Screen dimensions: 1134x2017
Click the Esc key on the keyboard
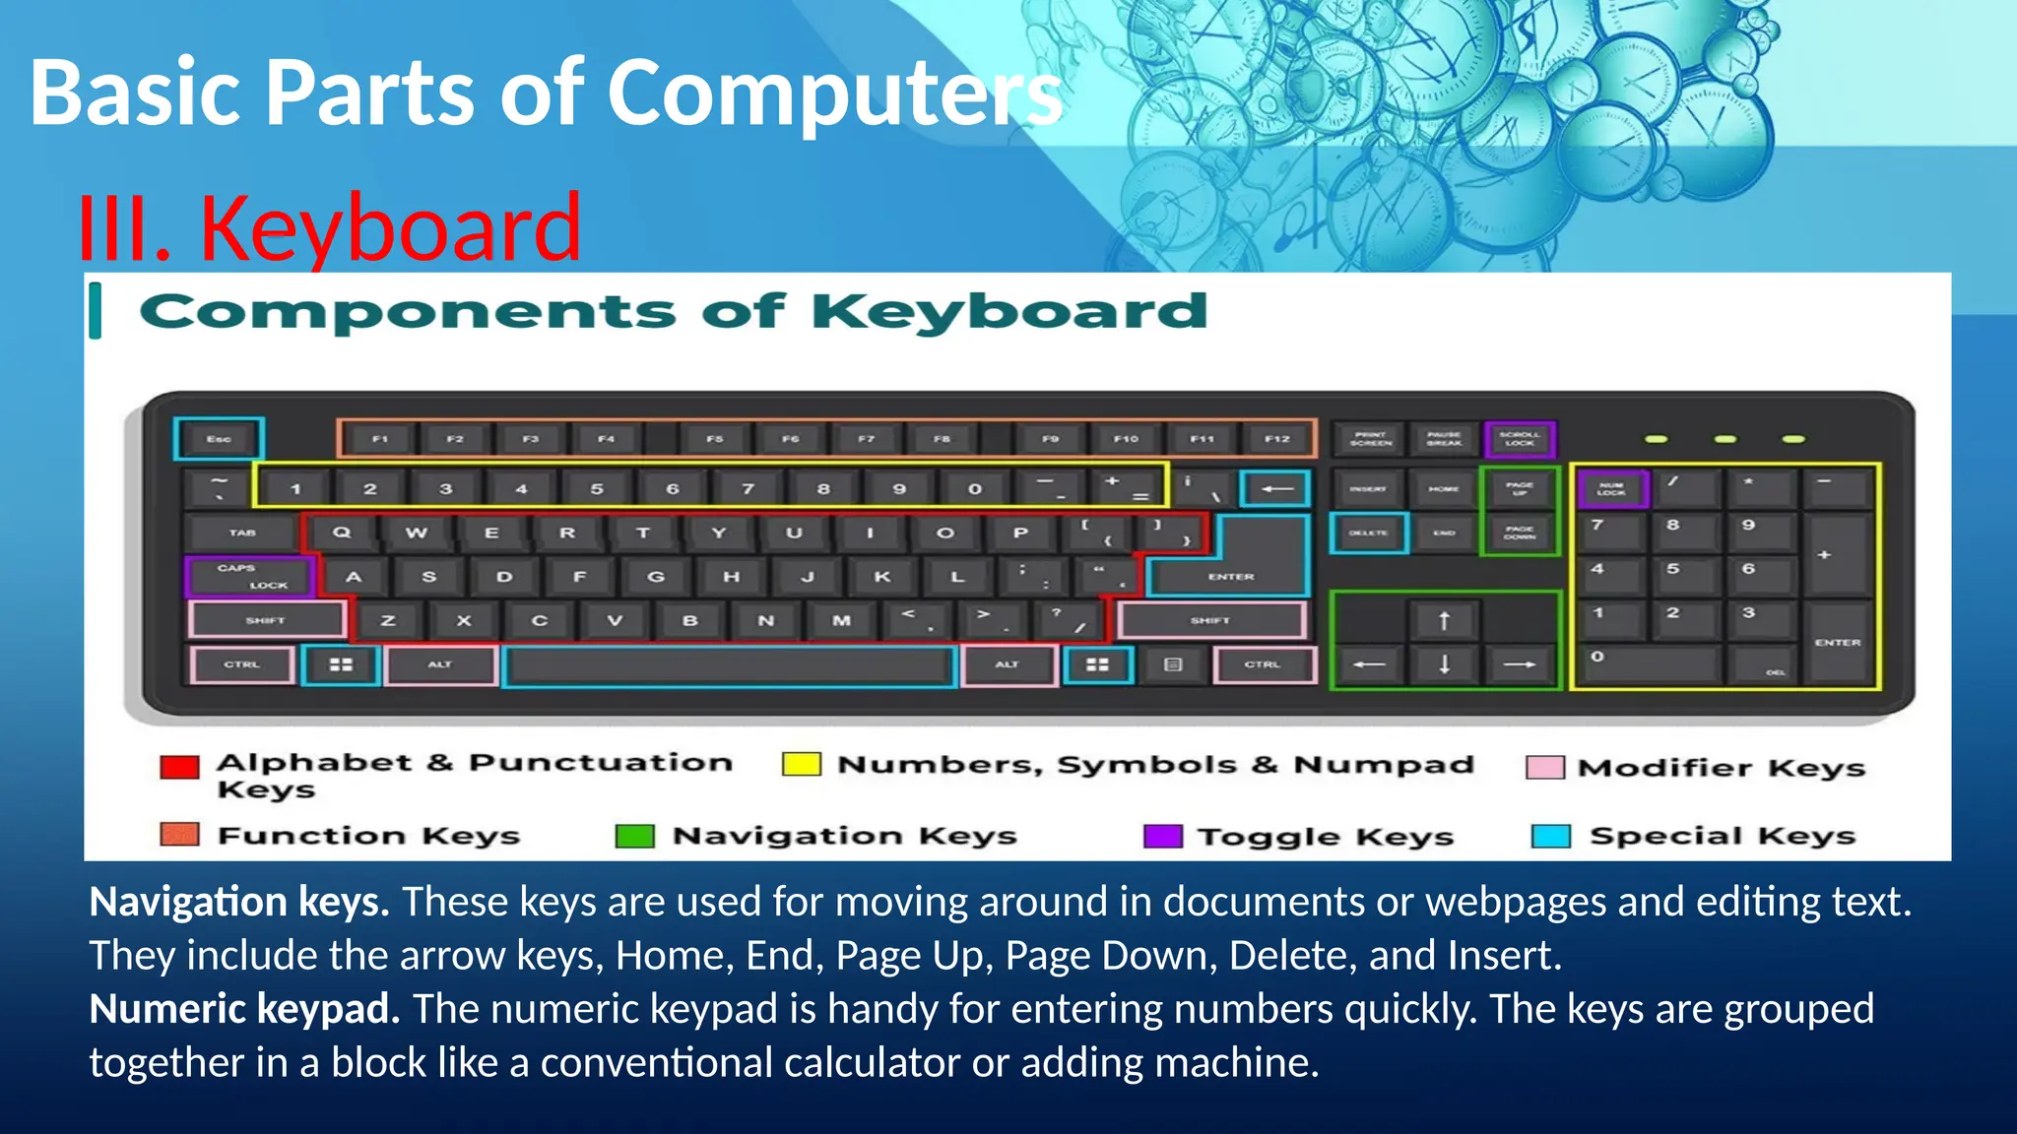click(x=219, y=439)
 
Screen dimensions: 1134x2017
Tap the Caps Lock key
click(x=251, y=577)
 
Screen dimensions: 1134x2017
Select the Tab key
click(x=243, y=533)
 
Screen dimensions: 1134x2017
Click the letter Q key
click(x=342, y=533)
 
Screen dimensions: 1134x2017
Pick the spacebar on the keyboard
click(x=729, y=665)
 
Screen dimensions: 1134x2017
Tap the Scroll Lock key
click(x=1520, y=439)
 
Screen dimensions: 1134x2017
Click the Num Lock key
click(x=1612, y=489)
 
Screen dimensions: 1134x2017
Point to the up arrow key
click(x=1444, y=621)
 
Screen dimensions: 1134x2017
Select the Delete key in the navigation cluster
click(x=1368, y=533)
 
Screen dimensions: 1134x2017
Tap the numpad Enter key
click(x=1838, y=642)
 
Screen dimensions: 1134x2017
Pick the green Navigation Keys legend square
click(x=634, y=836)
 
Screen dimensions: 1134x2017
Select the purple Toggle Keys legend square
click(x=1162, y=836)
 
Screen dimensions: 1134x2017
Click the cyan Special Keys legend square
click(x=1551, y=836)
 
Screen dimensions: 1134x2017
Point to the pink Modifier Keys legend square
click(x=1544, y=768)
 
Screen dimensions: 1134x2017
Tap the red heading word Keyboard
click(x=390, y=228)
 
